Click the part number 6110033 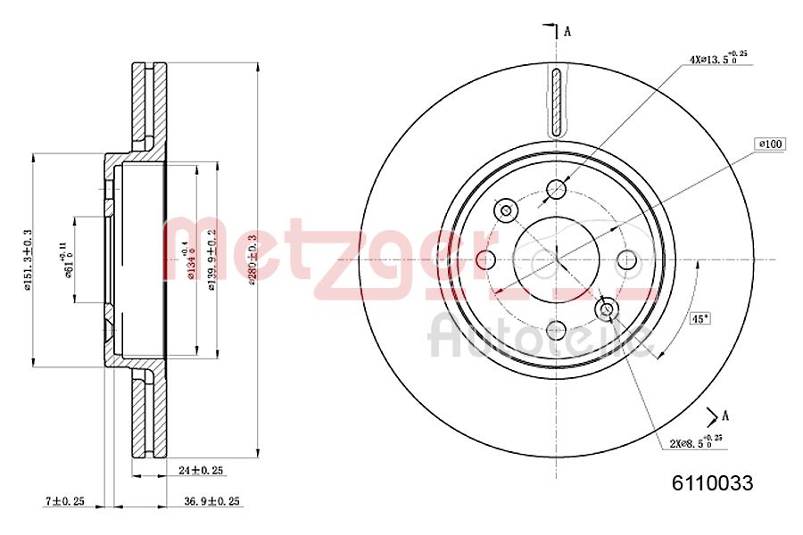coord(712,484)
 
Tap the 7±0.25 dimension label coord(64,501)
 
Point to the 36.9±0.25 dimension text coord(211,501)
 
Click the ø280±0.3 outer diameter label coord(252,259)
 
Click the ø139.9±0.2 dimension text coord(211,259)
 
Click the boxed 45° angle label coord(700,317)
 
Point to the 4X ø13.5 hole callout coord(716,60)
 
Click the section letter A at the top coord(567,32)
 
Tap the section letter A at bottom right coord(725,415)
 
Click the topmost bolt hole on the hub coord(557,189)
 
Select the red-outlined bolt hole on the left coord(486,259)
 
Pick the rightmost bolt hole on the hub coord(627,259)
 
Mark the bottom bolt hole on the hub coord(557,329)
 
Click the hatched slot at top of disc coord(557,103)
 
